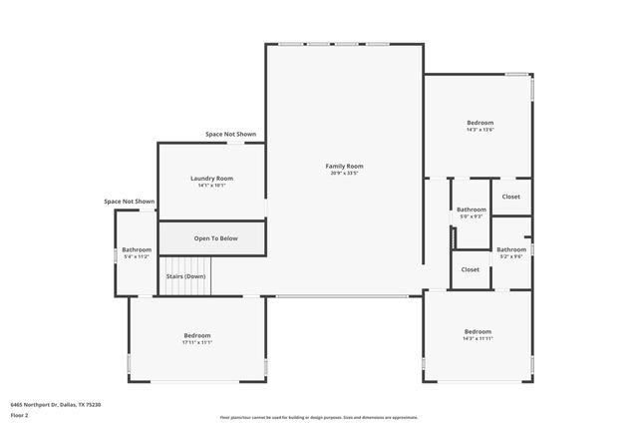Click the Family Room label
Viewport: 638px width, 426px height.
(344, 166)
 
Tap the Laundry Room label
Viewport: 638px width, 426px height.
(211, 179)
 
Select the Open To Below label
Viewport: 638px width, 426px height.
(215, 238)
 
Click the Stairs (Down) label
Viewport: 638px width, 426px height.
(185, 276)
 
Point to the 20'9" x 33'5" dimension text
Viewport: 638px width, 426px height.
(344, 174)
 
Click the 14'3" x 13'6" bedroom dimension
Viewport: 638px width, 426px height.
(479, 130)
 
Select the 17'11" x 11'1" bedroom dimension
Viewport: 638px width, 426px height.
(197, 342)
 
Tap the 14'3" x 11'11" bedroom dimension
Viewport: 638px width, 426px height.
(478, 338)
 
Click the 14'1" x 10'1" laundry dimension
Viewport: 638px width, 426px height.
(211, 186)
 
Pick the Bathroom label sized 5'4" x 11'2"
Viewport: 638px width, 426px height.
(137, 249)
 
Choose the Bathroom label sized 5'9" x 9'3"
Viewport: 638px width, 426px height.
(472, 210)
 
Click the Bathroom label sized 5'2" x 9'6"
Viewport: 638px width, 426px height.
(511, 249)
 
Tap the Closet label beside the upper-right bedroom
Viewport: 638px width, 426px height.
(510, 197)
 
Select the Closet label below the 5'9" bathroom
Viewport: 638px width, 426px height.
(471, 269)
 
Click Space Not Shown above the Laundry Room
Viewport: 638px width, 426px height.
(230, 134)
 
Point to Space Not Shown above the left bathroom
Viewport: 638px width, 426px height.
(130, 202)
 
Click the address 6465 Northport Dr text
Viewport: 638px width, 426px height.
(56, 405)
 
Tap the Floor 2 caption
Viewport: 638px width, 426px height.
(19, 415)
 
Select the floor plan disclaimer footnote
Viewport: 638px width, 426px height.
(320, 418)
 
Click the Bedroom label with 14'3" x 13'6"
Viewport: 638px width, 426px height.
(479, 123)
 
